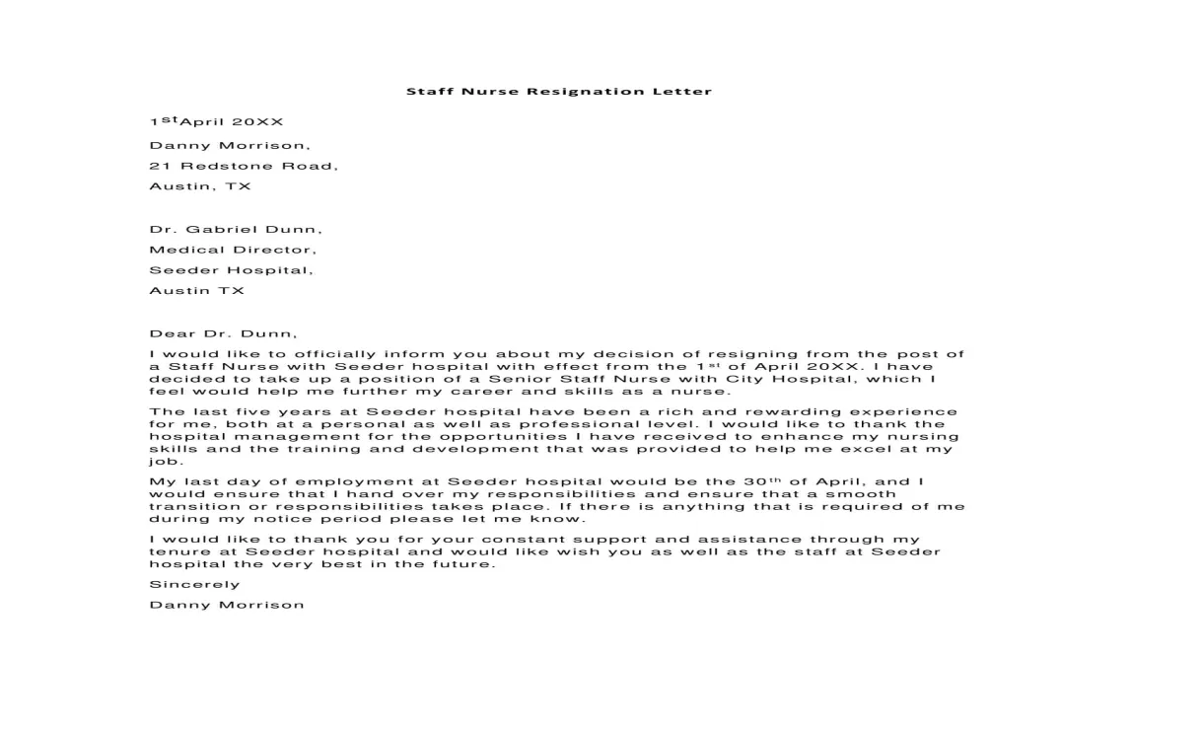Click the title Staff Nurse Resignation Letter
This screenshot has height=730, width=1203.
[558, 92]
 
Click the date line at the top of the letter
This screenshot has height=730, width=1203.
[216, 122]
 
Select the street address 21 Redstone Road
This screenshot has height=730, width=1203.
[243, 166]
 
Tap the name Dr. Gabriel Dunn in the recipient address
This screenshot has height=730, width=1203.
[235, 229]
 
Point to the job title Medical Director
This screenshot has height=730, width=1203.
[233, 250]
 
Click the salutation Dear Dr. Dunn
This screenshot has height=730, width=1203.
[222, 333]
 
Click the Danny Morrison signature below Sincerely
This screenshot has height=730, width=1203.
[227, 605]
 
